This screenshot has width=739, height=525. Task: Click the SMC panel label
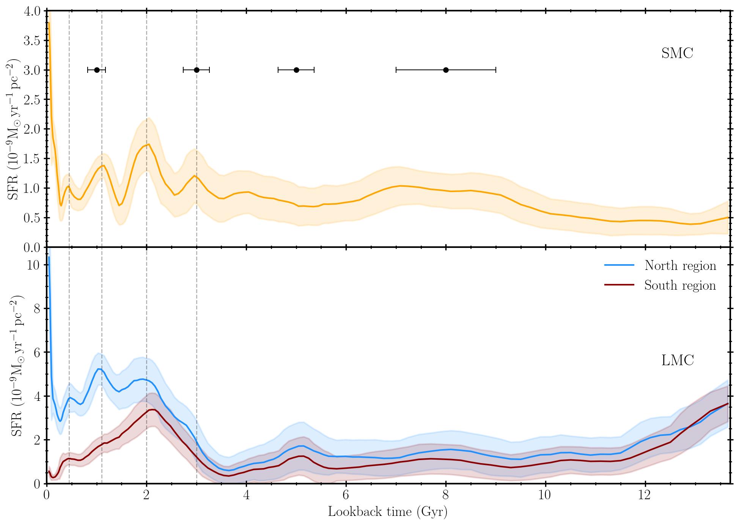(x=677, y=54)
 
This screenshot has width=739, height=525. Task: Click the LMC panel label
(x=678, y=360)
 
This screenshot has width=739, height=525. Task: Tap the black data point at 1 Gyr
(x=97, y=70)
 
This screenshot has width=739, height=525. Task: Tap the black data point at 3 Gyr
(x=197, y=70)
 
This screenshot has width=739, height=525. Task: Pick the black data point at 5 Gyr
(x=296, y=70)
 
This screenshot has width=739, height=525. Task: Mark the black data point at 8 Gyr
(x=446, y=70)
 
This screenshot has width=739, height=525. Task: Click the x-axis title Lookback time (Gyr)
(x=388, y=512)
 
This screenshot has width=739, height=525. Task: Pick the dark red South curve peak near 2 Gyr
(x=152, y=410)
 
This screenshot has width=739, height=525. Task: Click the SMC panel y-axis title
(x=14, y=129)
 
